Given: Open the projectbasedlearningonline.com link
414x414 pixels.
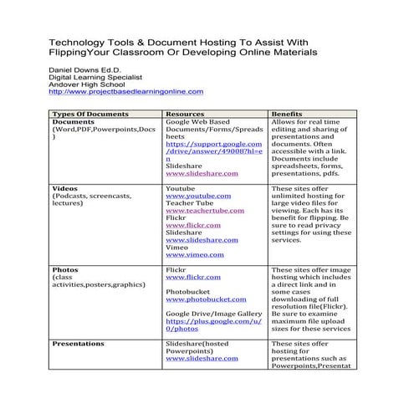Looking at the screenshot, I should (125, 92).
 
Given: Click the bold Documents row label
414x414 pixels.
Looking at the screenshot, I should (73, 122).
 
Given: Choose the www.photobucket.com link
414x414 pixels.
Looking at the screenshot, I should (206, 299).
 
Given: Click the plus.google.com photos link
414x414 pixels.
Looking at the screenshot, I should (213, 321).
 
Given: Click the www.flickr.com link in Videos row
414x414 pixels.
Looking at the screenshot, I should (193, 225).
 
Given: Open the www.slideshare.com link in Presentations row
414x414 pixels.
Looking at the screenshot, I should (202, 358).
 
